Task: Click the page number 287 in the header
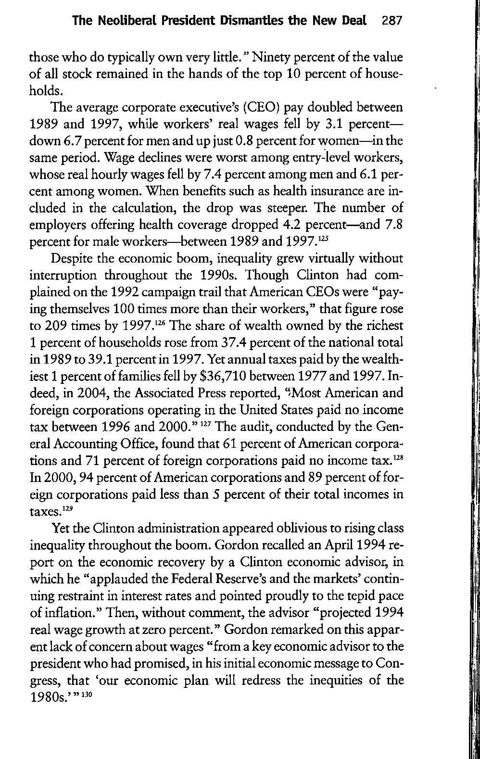point(390,22)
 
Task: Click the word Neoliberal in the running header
point(126,22)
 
